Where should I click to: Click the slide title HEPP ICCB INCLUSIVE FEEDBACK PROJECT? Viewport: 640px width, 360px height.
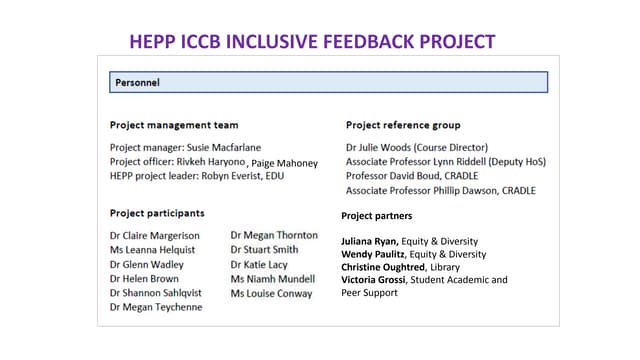(313, 41)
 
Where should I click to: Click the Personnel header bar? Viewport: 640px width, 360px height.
(327, 82)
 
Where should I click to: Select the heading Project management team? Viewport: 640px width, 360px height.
(174, 125)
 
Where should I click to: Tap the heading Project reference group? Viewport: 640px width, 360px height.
(403, 125)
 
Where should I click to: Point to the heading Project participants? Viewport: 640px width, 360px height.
(157, 213)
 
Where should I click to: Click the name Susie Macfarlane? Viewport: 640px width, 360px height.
(231, 147)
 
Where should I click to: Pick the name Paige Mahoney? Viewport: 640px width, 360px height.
(285, 163)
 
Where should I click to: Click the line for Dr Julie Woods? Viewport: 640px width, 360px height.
(416, 147)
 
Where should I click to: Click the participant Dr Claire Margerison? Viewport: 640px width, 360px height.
(155, 236)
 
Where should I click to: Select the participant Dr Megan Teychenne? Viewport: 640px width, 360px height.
(156, 307)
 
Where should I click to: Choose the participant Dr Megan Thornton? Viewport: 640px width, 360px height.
(274, 236)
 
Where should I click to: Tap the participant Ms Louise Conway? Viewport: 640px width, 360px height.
(271, 293)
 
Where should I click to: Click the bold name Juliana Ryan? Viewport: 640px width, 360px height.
(370, 241)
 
